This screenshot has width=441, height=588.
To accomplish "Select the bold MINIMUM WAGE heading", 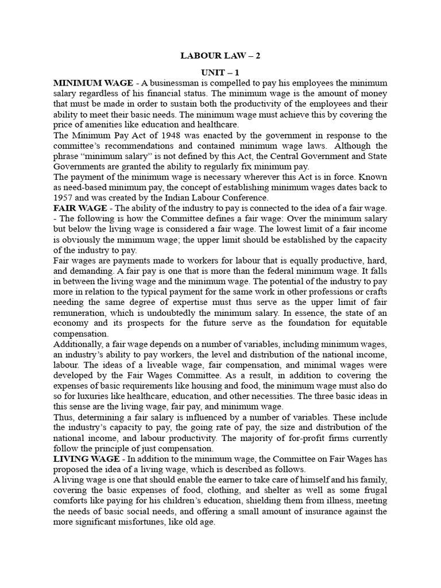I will (85, 83).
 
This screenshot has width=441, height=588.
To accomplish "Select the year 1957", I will (64, 198).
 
